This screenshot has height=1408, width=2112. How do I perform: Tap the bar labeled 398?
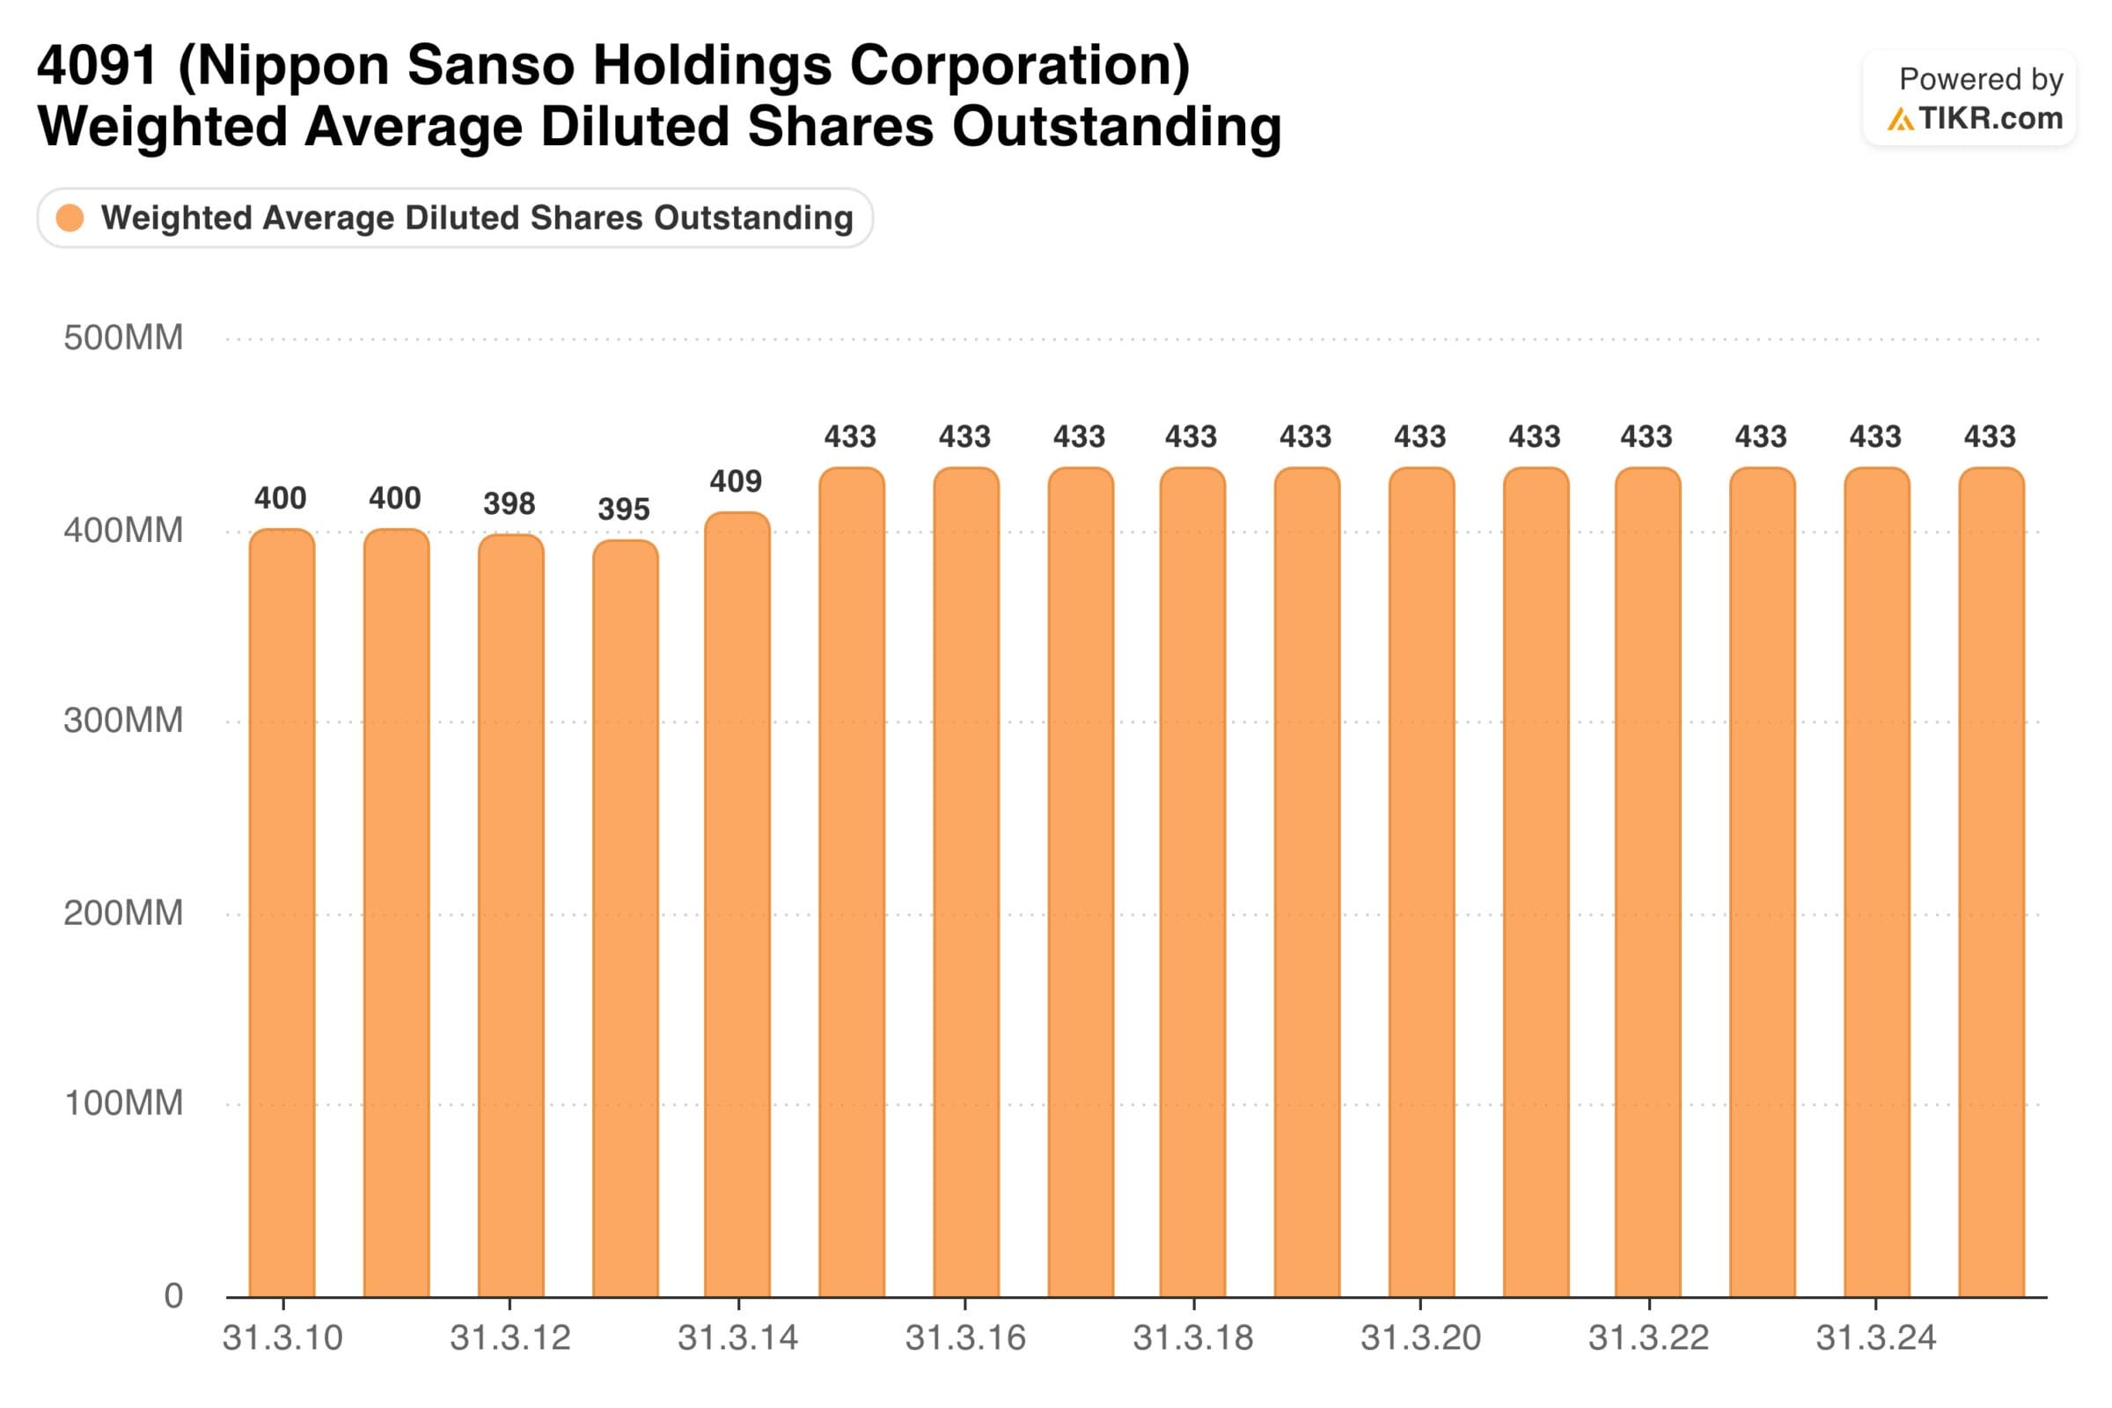[511, 915]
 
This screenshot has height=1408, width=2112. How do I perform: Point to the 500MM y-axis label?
[123, 339]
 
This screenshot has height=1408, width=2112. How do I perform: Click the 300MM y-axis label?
[123, 721]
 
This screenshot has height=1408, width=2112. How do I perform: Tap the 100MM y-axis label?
[123, 1103]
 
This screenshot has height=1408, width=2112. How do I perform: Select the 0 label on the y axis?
[173, 1295]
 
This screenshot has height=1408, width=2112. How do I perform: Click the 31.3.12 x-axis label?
[510, 1338]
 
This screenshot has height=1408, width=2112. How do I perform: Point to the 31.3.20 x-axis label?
[1420, 1338]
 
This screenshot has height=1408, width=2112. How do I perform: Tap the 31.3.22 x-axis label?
[1648, 1338]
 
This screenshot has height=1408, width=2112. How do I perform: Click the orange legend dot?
[70, 218]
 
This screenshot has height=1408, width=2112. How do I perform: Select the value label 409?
[736, 482]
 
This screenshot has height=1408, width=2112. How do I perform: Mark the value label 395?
[623, 510]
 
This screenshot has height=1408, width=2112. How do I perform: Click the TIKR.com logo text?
[1991, 119]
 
